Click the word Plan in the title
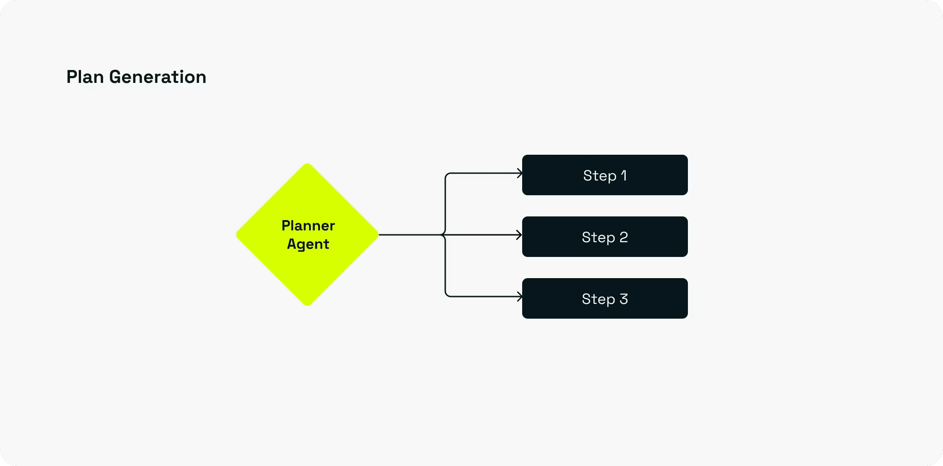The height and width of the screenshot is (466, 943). point(85,77)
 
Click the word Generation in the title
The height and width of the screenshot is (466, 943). point(157,77)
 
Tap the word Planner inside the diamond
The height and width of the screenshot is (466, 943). point(308,226)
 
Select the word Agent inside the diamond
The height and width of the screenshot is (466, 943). point(308,244)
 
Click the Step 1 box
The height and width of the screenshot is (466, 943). point(605,175)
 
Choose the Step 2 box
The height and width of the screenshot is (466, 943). point(605,237)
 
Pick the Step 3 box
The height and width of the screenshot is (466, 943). point(605,298)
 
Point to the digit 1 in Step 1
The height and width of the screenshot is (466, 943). point(624,175)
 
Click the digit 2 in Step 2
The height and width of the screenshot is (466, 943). point(623,237)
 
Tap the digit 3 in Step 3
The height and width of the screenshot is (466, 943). point(623,299)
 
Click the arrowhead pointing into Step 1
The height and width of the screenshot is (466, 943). point(520,173)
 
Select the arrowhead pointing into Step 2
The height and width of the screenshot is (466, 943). point(519,235)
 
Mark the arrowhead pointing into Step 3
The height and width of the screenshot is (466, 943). point(520,297)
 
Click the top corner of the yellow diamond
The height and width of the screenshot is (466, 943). point(308,164)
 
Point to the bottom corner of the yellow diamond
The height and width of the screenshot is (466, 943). point(308,305)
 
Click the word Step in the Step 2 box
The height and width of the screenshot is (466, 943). point(599,237)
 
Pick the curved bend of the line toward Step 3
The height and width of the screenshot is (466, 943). point(447,295)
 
